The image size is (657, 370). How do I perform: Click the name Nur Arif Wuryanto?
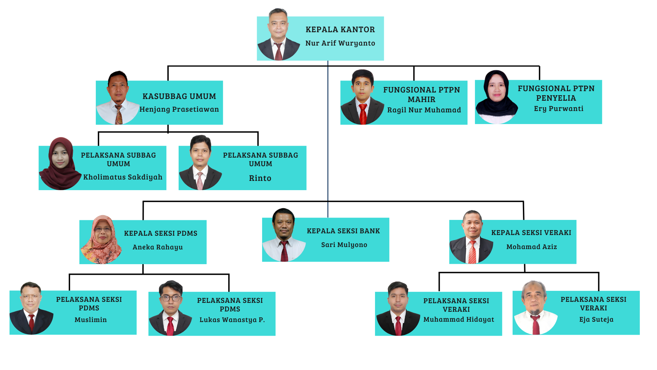(x=340, y=43)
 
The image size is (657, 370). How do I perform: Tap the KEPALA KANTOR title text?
(x=340, y=29)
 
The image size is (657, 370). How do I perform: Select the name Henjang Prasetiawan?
(x=179, y=109)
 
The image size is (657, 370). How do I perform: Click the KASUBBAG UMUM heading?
(x=179, y=96)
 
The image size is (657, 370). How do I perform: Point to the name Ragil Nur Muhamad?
(x=424, y=110)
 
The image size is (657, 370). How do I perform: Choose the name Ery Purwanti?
(x=558, y=109)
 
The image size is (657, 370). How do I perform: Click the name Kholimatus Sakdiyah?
(x=123, y=177)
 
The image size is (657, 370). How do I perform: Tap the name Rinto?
(x=260, y=178)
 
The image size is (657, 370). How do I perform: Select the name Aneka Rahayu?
(x=158, y=247)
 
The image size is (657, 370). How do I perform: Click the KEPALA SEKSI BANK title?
(x=343, y=231)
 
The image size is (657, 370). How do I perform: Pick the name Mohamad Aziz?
(x=531, y=247)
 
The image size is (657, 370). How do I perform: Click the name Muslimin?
(x=91, y=320)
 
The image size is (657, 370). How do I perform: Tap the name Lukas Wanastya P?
(x=232, y=320)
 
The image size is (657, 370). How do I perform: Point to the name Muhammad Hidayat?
(x=459, y=319)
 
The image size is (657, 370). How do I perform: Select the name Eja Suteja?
(x=596, y=319)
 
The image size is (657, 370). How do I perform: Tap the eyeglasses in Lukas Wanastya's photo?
(x=171, y=298)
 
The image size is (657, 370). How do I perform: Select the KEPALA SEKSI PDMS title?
(x=160, y=233)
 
